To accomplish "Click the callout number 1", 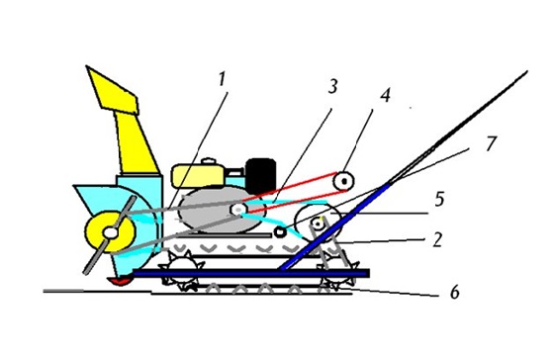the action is click(222, 79).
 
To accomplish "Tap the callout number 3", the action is click(332, 86).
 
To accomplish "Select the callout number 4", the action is click(386, 95).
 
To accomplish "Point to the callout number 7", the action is click(491, 143).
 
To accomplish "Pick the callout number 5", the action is click(439, 200).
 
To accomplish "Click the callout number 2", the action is click(437, 240).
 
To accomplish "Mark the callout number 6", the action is click(454, 293).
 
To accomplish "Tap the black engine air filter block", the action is click(261, 176).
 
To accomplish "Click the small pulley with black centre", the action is click(344, 181).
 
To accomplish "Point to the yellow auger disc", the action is click(111, 231).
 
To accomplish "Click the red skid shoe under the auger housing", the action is click(120, 281).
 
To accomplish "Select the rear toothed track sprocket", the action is click(338, 274).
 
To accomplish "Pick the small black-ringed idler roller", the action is click(281, 232).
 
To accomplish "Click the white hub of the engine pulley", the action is click(238, 210).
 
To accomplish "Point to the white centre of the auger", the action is click(111, 232).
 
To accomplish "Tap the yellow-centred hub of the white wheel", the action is click(318, 224).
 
